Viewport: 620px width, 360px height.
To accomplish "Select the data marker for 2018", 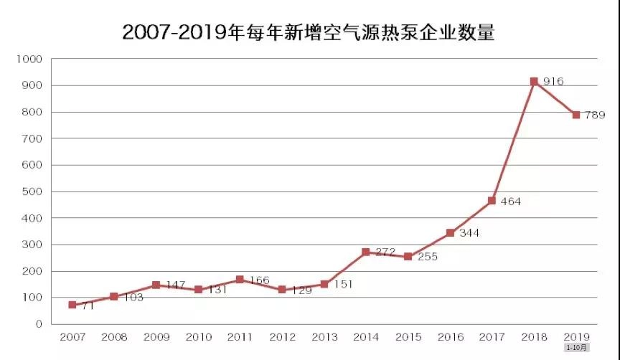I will [x=534, y=82].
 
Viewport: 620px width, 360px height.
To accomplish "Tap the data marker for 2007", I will [x=72, y=305].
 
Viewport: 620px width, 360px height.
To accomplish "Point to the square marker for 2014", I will [x=366, y=252].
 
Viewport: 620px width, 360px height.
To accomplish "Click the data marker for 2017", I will [x=492, y=201].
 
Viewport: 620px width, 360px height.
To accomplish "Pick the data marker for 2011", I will [x=240, y=280].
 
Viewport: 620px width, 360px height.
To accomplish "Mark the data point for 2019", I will [x=576, y=115].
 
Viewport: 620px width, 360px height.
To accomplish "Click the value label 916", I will [x=553, y=82].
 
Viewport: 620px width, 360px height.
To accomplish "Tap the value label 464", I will [x=510, y=202].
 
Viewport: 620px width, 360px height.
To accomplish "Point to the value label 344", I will [x=469, y=233].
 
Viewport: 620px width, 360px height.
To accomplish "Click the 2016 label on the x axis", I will [x=450, y=336].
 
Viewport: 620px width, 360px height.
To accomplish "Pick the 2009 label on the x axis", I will [x=156, y=336].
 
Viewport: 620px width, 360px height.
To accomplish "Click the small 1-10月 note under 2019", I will [x=576, y=348].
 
